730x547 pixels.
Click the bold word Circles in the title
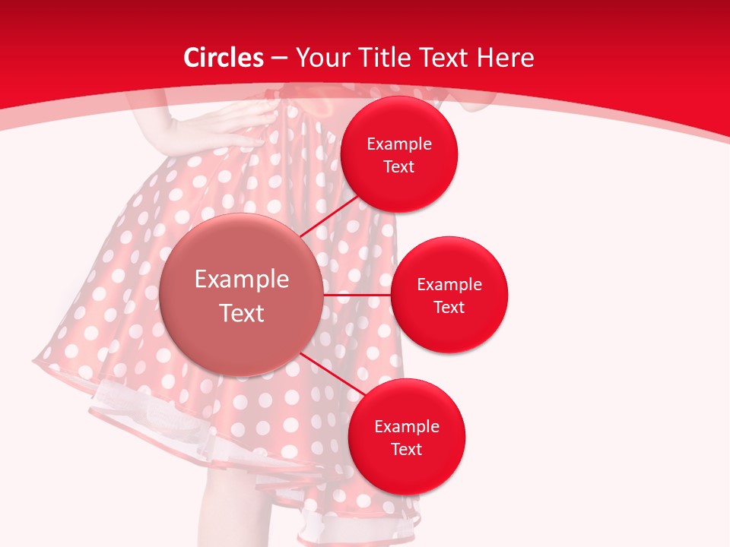point(224,58)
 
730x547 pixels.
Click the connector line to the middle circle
point(357,295)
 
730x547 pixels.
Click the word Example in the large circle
point(242,279)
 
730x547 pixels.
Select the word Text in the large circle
point(242,313)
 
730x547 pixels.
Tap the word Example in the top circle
point(399,144)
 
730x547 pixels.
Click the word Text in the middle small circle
point(449,308)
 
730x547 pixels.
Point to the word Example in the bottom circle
point(407,427)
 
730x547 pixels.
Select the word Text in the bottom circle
point(407,450)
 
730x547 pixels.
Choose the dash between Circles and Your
point(279,58)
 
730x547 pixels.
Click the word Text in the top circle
point(399,167)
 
